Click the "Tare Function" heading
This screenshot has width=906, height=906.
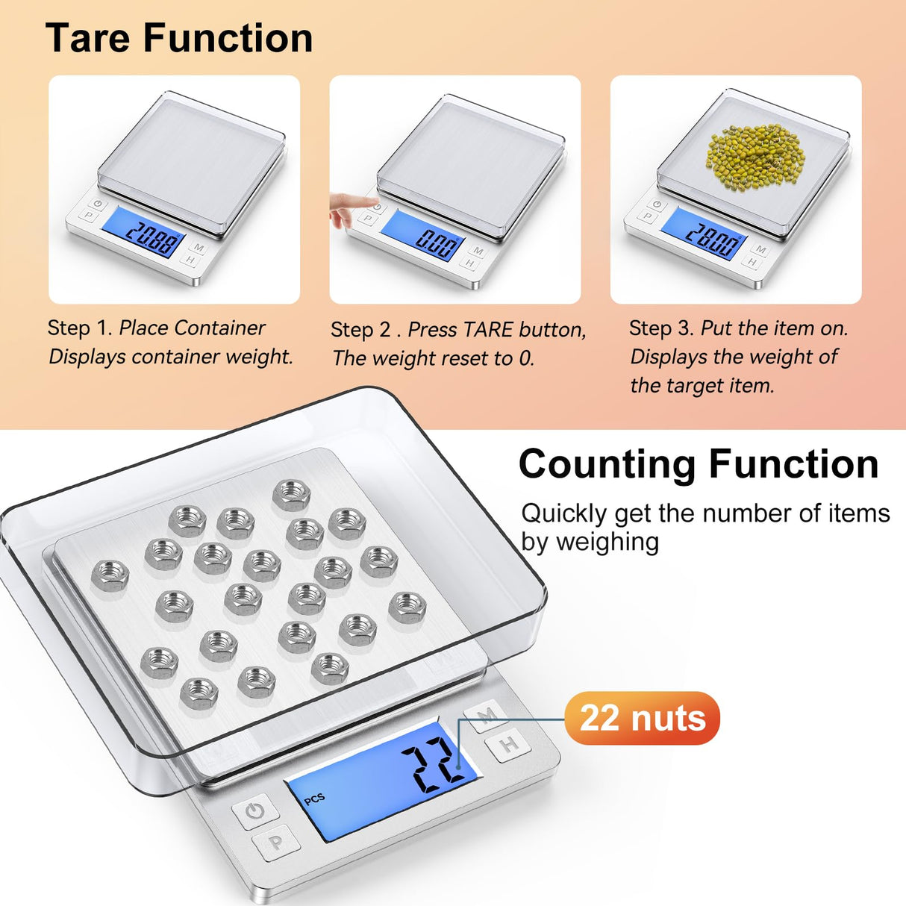[x=179, y=38]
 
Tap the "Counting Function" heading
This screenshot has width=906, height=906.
[x=699, y=464]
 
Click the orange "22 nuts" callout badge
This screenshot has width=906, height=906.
[x=642, y=718]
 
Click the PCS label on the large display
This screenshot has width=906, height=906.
[x=315, y=799]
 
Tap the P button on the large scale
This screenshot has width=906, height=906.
[x=276, y=843]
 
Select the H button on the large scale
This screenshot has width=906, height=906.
[x=509, y=744]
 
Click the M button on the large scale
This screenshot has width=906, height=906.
[x=487, y=717]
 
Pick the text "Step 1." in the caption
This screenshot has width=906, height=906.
[x=80, y=328]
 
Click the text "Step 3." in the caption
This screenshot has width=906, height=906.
[x=661, y=328]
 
